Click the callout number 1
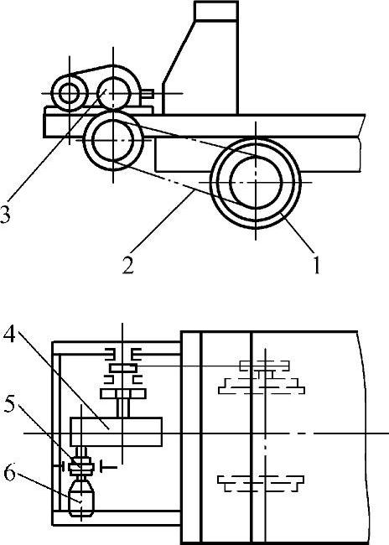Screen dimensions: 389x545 317,265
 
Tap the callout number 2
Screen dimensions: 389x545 127,265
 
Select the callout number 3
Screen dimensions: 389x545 5,214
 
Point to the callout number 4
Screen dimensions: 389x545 9,334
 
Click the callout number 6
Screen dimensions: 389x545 9,473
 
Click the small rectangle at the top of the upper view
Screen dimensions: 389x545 216,11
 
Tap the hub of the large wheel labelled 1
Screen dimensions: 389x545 256,182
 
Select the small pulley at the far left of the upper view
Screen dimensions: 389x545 70,93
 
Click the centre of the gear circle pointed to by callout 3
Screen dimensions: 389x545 113,93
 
